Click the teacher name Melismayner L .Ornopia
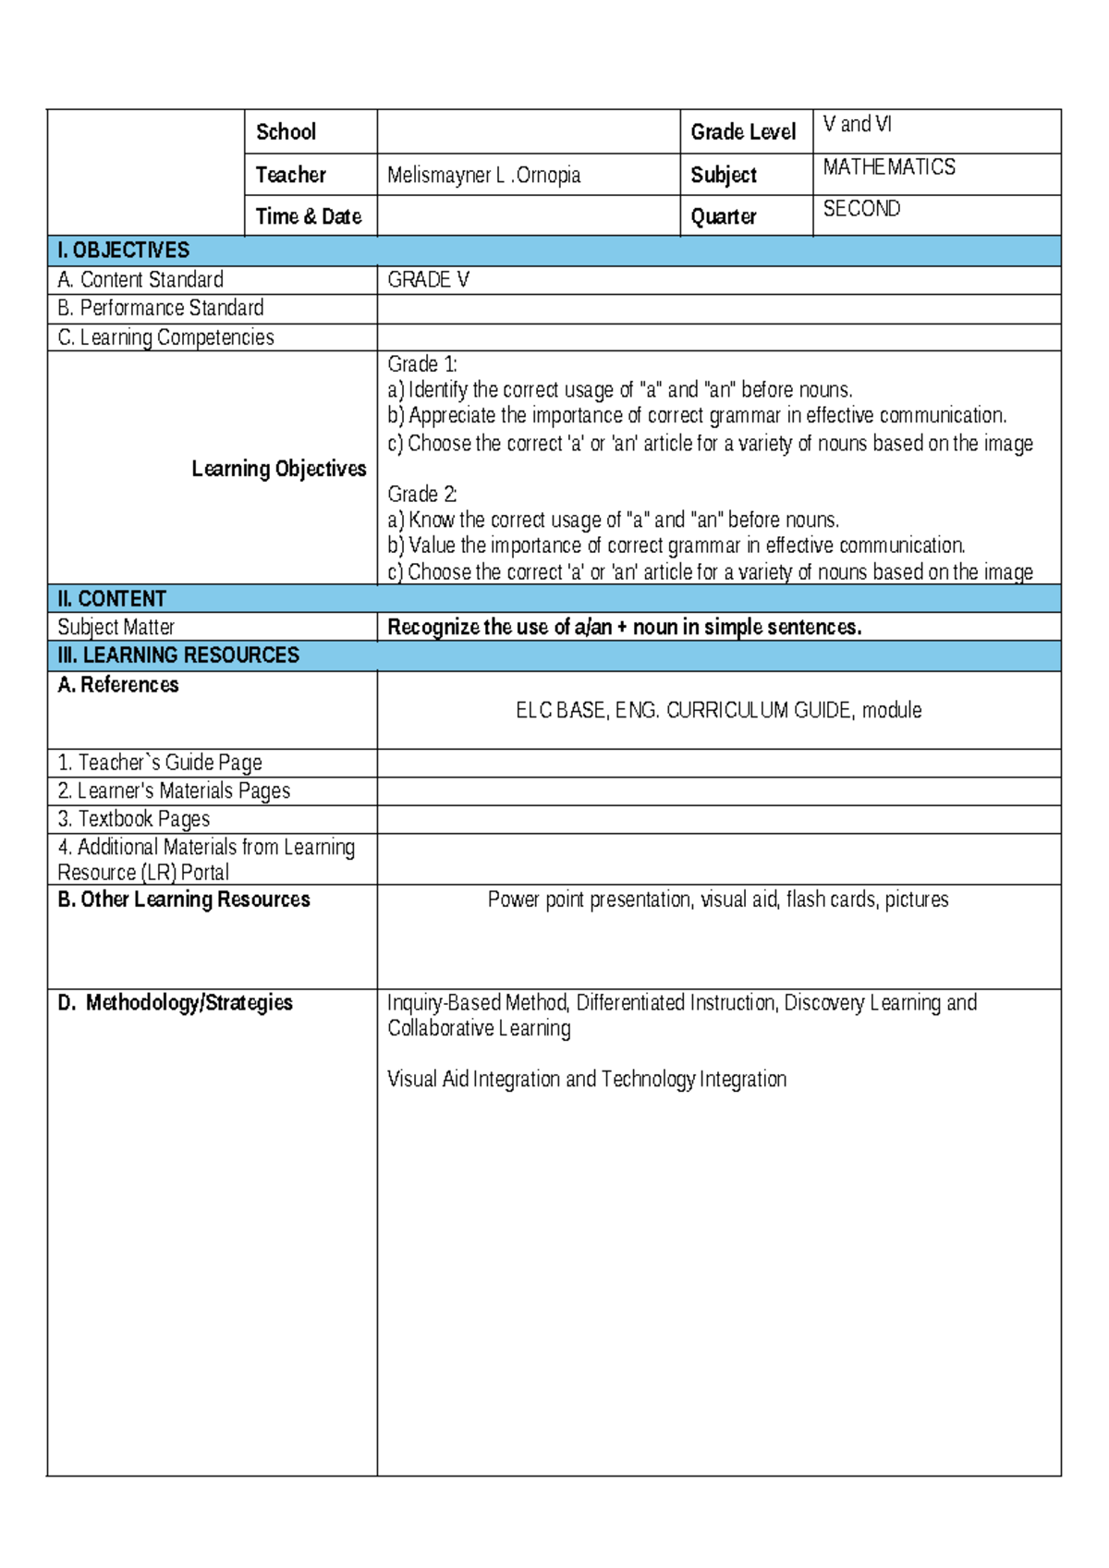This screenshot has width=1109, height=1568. (483, 175)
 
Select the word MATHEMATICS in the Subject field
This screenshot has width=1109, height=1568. (888, 167)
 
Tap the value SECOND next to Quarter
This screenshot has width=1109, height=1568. (860, 209)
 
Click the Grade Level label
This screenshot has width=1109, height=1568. (742, 132)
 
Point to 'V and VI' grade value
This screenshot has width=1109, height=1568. (857, 124)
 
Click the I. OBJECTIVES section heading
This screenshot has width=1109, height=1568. (123, 251)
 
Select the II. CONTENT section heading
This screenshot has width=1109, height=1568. (111, 599)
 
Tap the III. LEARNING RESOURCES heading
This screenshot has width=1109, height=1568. (177, 655)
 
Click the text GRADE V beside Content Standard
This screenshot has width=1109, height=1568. (428, 280)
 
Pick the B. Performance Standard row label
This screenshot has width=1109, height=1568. (160, 308)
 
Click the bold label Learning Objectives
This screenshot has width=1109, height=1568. (278, 469)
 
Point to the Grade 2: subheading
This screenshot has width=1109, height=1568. (421, 494)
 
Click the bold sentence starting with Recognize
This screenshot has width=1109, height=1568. (624, 627)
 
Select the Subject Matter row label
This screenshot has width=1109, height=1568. (116, 627)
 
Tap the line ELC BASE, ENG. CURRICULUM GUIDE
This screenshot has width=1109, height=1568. (718, 710)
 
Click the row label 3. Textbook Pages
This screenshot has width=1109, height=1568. (133, 819)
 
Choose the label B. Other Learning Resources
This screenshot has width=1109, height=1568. (183, 900)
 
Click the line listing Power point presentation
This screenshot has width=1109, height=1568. (718, 900)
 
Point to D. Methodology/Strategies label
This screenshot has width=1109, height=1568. (175, 1003)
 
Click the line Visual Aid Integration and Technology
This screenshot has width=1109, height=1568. (586, 1079)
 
